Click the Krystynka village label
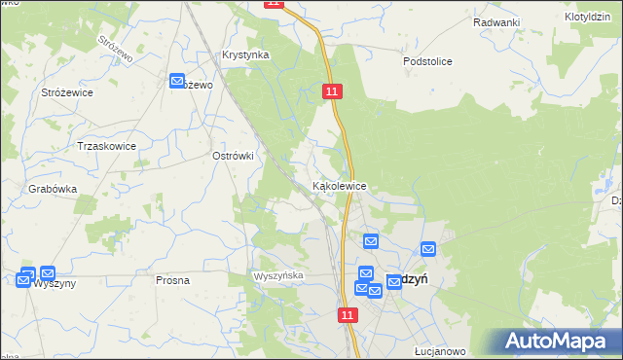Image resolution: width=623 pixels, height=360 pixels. coord(245,55)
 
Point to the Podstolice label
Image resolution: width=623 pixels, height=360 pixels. coord(427,61)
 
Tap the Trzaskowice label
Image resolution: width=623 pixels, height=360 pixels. coord(106,146)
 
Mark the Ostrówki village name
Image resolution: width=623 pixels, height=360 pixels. coord(233,156)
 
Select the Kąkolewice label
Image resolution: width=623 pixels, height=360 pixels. coord(339,185)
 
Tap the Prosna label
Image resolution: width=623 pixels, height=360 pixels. coord(172,280)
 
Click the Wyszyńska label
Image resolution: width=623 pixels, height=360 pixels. coord(279,276)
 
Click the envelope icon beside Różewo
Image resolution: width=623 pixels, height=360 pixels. coord(178,82)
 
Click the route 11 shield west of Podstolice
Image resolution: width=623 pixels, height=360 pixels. coord(332,90)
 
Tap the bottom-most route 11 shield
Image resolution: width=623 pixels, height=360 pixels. coord(348,315)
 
